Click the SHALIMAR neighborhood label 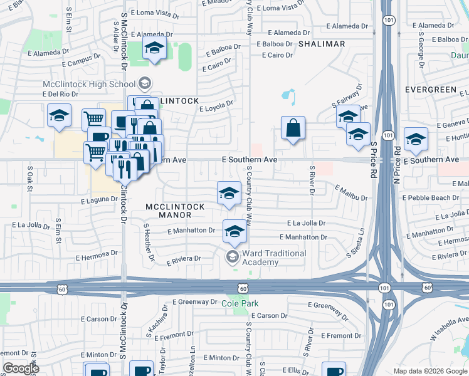[x=322, y=44]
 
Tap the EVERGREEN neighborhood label [x=431, y=90]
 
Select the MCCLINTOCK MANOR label [x=168, y=211]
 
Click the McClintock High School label [x=88, y=84]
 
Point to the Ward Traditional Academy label [x=275, y=258]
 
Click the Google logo [x=21, y=368]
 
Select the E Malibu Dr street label [x=351, y=192]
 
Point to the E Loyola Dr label [x=216, y=105]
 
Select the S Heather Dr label [x=149, y=242]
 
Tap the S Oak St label [x=29, y=178]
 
